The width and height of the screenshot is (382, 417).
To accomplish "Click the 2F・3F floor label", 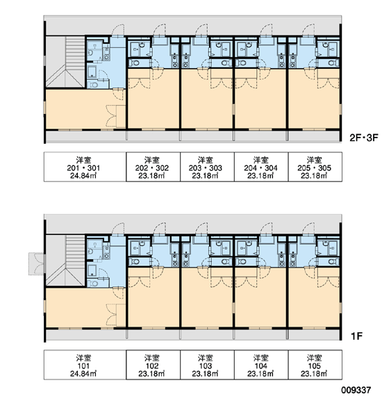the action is [363, 138].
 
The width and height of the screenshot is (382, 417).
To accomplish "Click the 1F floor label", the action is [357, 336].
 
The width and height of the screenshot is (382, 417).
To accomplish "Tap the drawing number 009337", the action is [356, 391].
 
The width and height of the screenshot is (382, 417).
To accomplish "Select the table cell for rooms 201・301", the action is [85, 167].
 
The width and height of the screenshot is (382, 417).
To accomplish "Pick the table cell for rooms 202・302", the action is [153, 167].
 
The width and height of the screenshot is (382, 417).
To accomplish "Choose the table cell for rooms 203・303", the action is [207, 167].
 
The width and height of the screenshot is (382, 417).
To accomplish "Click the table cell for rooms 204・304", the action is [261, 167].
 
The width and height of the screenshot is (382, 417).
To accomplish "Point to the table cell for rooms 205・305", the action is [315, 167].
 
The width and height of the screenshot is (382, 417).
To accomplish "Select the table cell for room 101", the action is [85, 365].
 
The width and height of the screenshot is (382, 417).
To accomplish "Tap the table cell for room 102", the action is [153, 365].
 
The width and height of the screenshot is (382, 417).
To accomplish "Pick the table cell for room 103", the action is [207, 365].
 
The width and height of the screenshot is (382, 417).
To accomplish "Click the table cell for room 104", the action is [261, 365].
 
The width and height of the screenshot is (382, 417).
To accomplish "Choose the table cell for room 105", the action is [315, 365].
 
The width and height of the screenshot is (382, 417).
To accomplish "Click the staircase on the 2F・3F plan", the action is [65, 62].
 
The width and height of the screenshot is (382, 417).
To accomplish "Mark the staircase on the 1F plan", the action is [65, 261].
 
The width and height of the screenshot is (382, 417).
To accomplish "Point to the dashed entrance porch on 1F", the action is [37, 264].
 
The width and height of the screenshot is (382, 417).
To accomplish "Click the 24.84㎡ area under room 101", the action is [83, 374].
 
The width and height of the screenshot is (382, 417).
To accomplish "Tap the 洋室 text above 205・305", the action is [314, 160].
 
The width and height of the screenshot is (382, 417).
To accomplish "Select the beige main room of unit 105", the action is [314, 297].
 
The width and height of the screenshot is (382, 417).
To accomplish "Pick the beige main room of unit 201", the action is [85, 109].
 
